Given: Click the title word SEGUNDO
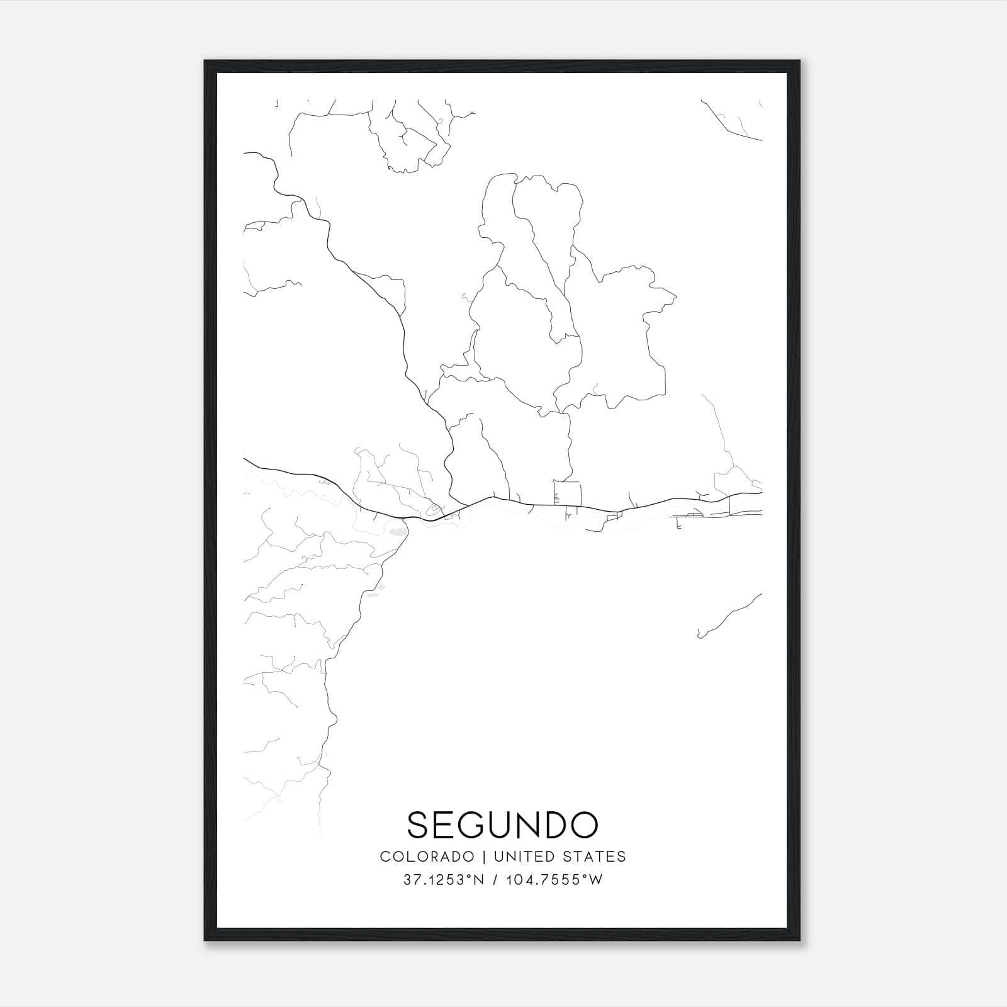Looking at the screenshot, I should coord(502,824).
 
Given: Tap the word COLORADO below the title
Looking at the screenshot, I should coord(427,857).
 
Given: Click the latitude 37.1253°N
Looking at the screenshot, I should coord(444,880).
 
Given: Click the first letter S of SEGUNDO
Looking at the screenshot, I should coord(419,824).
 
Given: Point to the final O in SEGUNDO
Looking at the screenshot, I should coord(583,824).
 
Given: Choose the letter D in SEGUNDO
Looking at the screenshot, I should coord(554,824).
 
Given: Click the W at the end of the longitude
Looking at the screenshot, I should coord(596,880).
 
